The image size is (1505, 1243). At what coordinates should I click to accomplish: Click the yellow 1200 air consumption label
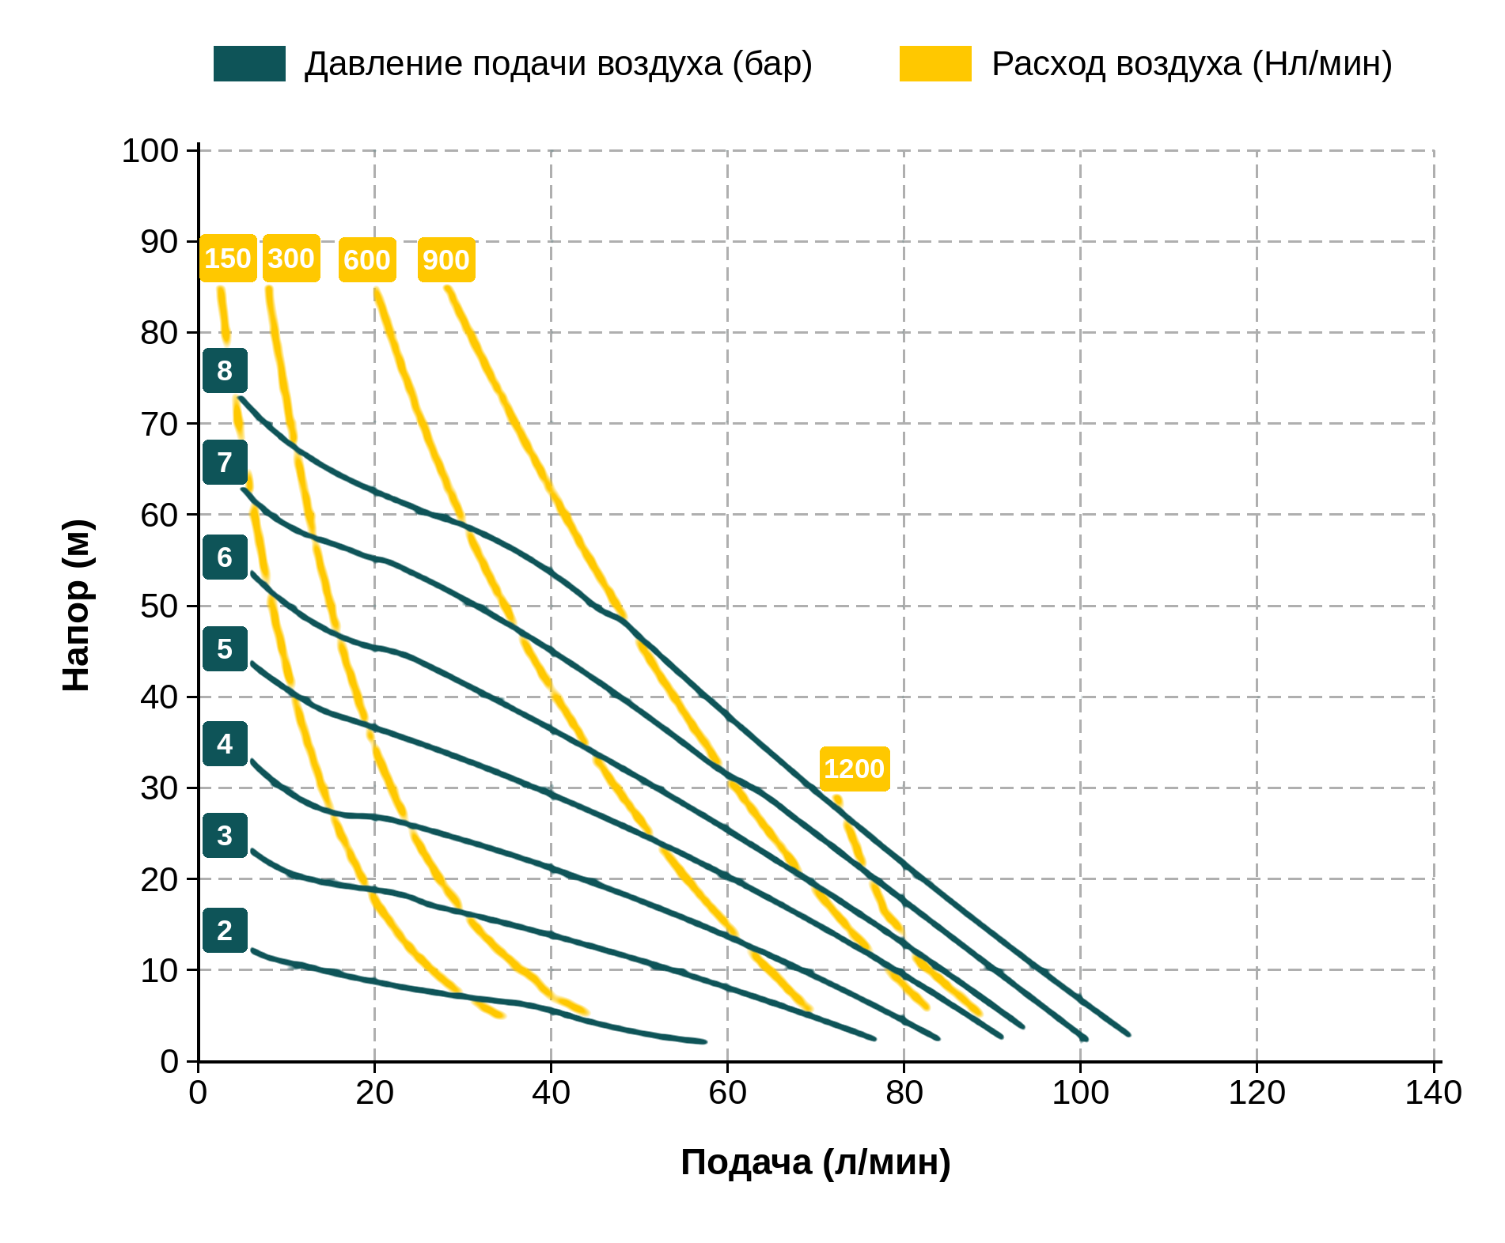(x=855, y=769)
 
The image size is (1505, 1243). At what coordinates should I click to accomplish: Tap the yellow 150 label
(x=228, y=259)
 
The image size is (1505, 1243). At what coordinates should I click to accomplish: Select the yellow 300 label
(x=291, y=259)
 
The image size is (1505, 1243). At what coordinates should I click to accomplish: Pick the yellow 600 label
(x=367, y=259)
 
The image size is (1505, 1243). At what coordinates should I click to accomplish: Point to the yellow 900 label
(x=446, y=259)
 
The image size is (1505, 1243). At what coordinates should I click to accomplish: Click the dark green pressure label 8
(x=225, y=370)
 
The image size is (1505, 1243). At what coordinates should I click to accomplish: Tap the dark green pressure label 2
(x=225, y=930)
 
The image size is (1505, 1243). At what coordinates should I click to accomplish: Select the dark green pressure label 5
(x=225, y=648)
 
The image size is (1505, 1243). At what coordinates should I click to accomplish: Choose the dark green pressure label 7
(x=225, y=462)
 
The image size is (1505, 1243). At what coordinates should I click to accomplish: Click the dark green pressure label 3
(x=225, y=835)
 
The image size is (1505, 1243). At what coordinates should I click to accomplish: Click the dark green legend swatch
(x=249, y=63)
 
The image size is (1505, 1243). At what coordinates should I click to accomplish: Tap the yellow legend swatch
(x=935, y=63)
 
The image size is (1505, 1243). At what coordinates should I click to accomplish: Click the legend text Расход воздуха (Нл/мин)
(x=1192, y=64)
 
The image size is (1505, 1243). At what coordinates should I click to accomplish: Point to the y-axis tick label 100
(x=150, y=150)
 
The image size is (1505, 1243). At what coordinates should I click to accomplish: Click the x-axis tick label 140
(x=1433, y=1093)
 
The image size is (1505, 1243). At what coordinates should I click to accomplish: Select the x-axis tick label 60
(x=727, y=1093)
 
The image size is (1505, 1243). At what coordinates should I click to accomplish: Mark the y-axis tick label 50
(x=160, y=606)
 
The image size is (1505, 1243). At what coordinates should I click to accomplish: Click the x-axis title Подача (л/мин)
(x=816, y=1163)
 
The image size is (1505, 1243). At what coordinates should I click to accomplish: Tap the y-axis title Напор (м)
(x=77, y=606)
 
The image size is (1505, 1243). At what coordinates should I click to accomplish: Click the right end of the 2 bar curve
(x=704, y=1041)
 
